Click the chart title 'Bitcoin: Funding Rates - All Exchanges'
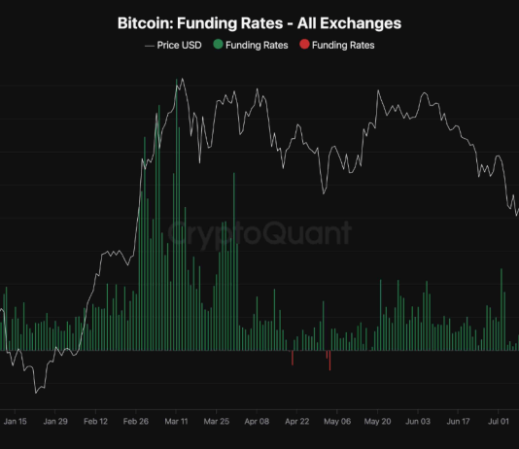259,21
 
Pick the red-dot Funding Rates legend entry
337,45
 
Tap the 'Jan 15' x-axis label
16,422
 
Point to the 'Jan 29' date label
55,422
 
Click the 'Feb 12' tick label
95,422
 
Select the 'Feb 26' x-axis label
136,422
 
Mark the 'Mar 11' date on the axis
176,422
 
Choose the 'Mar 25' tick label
216,422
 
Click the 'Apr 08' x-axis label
257,422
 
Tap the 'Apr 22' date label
296,422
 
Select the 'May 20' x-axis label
377,422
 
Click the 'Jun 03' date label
417,422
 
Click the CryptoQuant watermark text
259,233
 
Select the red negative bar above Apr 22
293,358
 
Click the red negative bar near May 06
329,360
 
